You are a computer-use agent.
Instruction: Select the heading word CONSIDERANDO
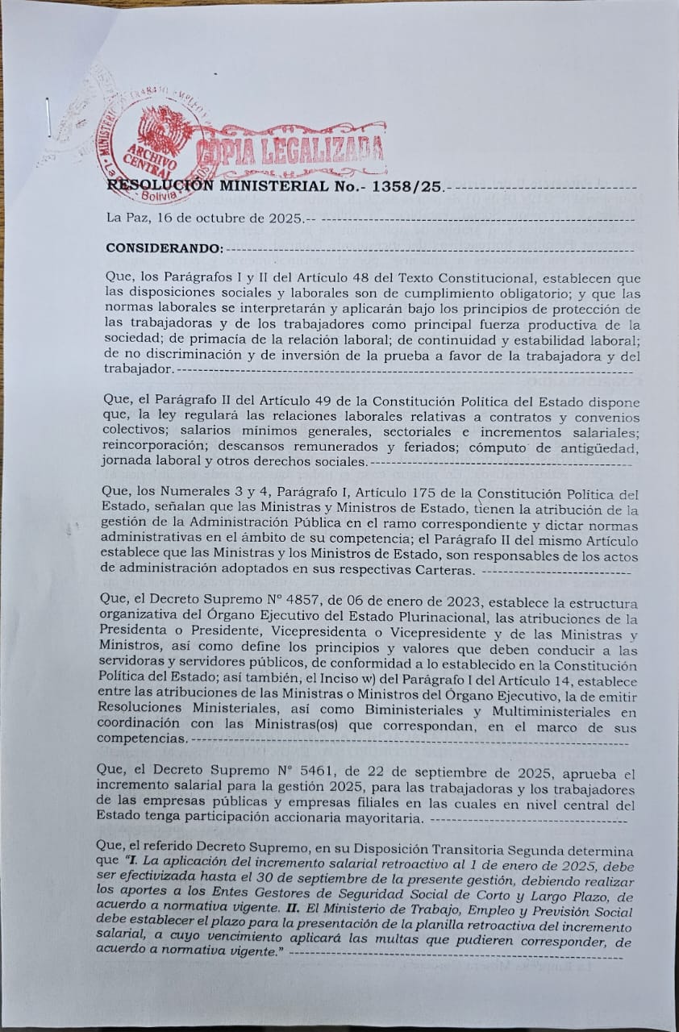(164, 248)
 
